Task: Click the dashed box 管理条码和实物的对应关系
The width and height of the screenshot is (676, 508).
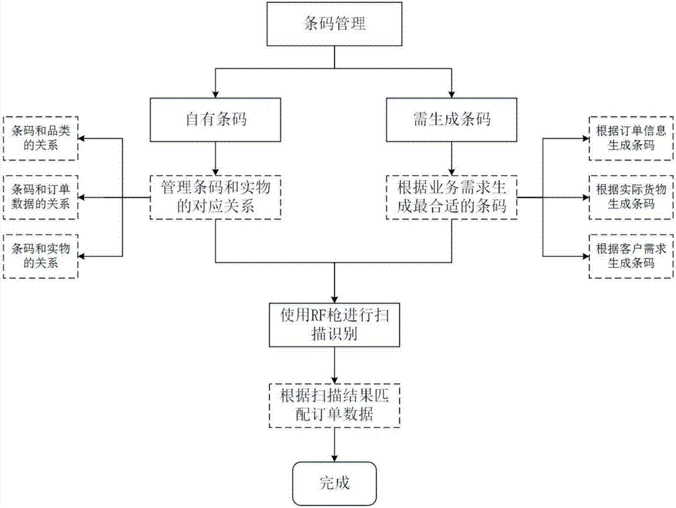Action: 214,198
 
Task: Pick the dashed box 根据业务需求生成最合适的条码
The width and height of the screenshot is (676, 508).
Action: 451,198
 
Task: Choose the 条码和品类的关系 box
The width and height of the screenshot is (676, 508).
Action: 41,138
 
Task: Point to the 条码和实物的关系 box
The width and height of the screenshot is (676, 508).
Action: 41,256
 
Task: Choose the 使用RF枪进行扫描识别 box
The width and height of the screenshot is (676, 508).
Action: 335,324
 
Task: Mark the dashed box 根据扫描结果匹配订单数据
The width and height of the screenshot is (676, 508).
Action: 335,404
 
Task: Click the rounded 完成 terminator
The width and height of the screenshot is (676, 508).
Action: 335,482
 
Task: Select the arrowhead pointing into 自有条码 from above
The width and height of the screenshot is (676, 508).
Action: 214,95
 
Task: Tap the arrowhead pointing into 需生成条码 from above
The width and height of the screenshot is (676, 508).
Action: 451,95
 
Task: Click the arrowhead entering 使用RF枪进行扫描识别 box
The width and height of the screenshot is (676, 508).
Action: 335,299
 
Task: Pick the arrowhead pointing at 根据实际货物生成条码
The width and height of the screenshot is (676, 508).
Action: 585,198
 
